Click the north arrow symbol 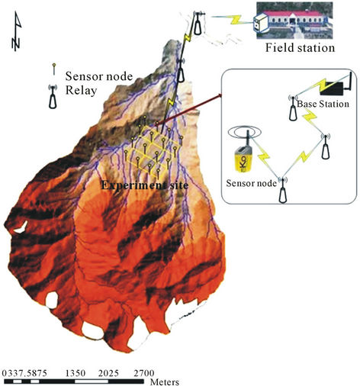pos(17,31)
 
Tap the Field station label pos(300,48)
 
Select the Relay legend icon pos(53,98)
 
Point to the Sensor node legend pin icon pos(53,69)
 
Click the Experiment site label pos(145,185)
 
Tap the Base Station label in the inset pos(323,104)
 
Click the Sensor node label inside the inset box pos(251,183)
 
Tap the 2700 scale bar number pos(144,373)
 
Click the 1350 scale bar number pos(76,373)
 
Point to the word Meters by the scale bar pos(165,382)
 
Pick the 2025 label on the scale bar pos(108,373)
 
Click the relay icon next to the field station pos(198,23)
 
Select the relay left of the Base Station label pos(293,108)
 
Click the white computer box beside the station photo pos(261,22)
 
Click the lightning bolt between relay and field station pos(236,20)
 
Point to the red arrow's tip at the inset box pos(221,95)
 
